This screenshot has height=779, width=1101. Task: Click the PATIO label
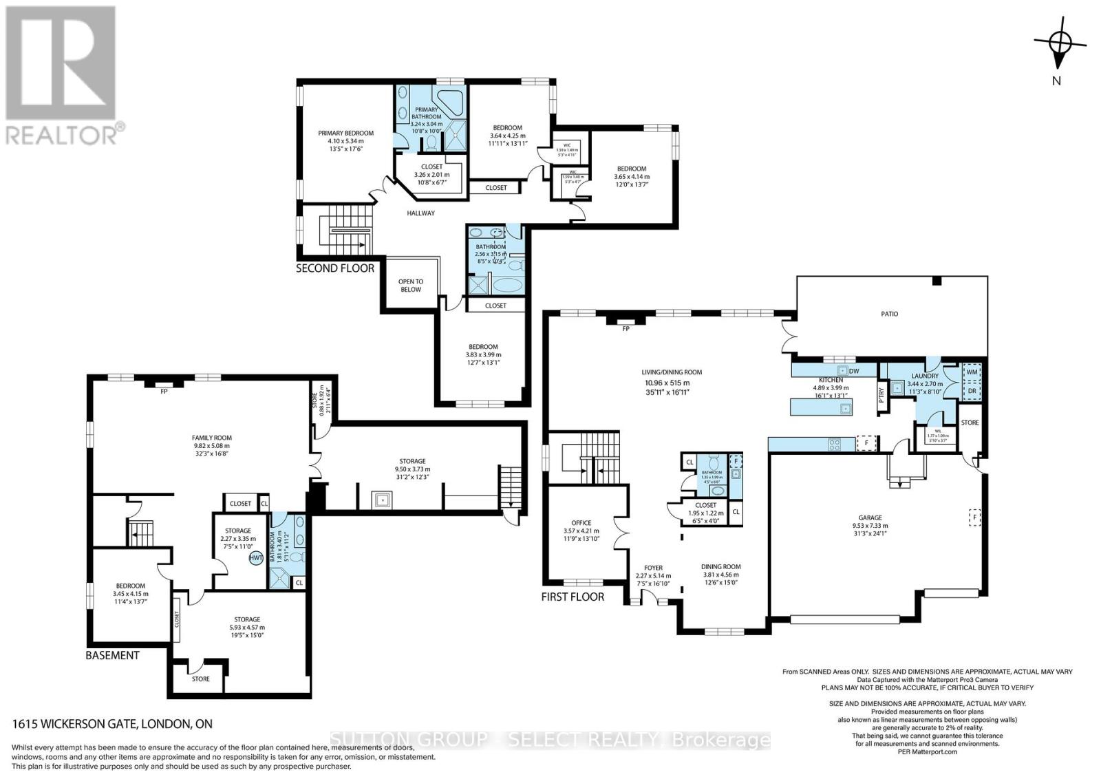click(x=890, y=314)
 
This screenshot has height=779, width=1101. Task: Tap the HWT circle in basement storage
click(x=256, y=558)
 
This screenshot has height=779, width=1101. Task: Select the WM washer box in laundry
click(x=972, y=372)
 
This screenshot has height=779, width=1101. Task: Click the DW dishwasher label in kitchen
click(x=854, y=371)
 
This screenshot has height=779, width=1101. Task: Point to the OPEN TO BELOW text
click(x=411, y=286)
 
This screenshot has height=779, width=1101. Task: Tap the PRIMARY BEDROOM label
click(x=345, y=134)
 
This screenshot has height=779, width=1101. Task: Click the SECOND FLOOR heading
click(x=335, y=268)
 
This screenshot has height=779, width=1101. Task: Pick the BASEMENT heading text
click(x=112, y=655)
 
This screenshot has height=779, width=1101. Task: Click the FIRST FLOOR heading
click(x=573, y=597)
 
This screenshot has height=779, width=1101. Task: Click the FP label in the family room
click(x=164, y=392)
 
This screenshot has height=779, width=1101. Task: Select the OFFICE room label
click(x=581, y=523)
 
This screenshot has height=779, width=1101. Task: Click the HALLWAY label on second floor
click(x=420, y=213)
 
